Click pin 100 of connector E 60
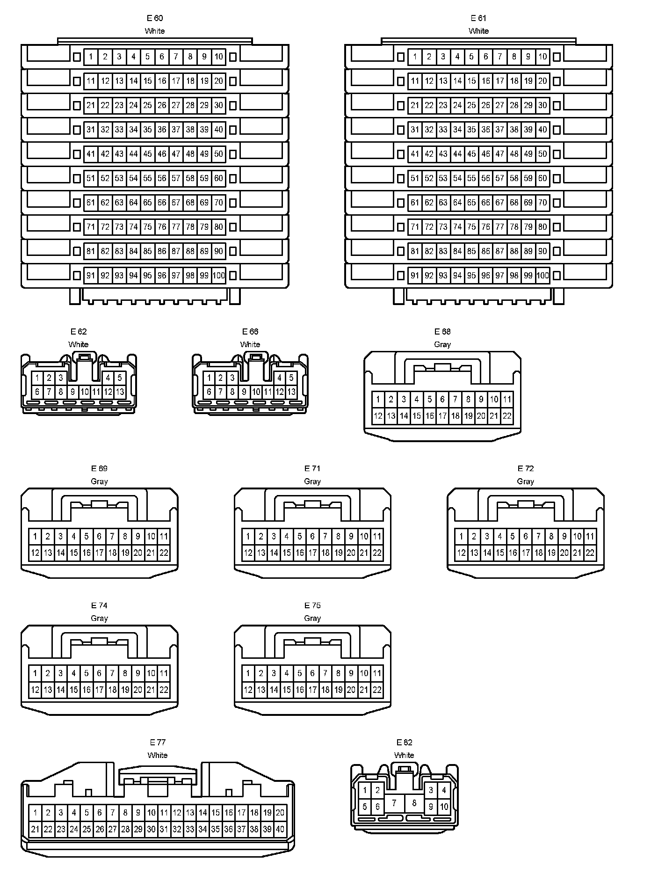218,276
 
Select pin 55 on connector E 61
471,178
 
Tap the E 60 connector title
155,18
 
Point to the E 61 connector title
478,18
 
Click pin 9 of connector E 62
72,392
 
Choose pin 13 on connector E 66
291,392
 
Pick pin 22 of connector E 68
507,415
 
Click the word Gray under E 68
442,344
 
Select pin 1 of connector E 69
35,536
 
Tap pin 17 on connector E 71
312,553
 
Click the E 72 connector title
525,468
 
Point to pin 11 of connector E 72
590,536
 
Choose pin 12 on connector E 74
35,690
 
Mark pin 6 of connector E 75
312,673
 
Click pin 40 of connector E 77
280,829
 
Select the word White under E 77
158,755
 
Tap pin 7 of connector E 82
394,803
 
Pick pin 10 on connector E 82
444,807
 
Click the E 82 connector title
404,743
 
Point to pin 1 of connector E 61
415,57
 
